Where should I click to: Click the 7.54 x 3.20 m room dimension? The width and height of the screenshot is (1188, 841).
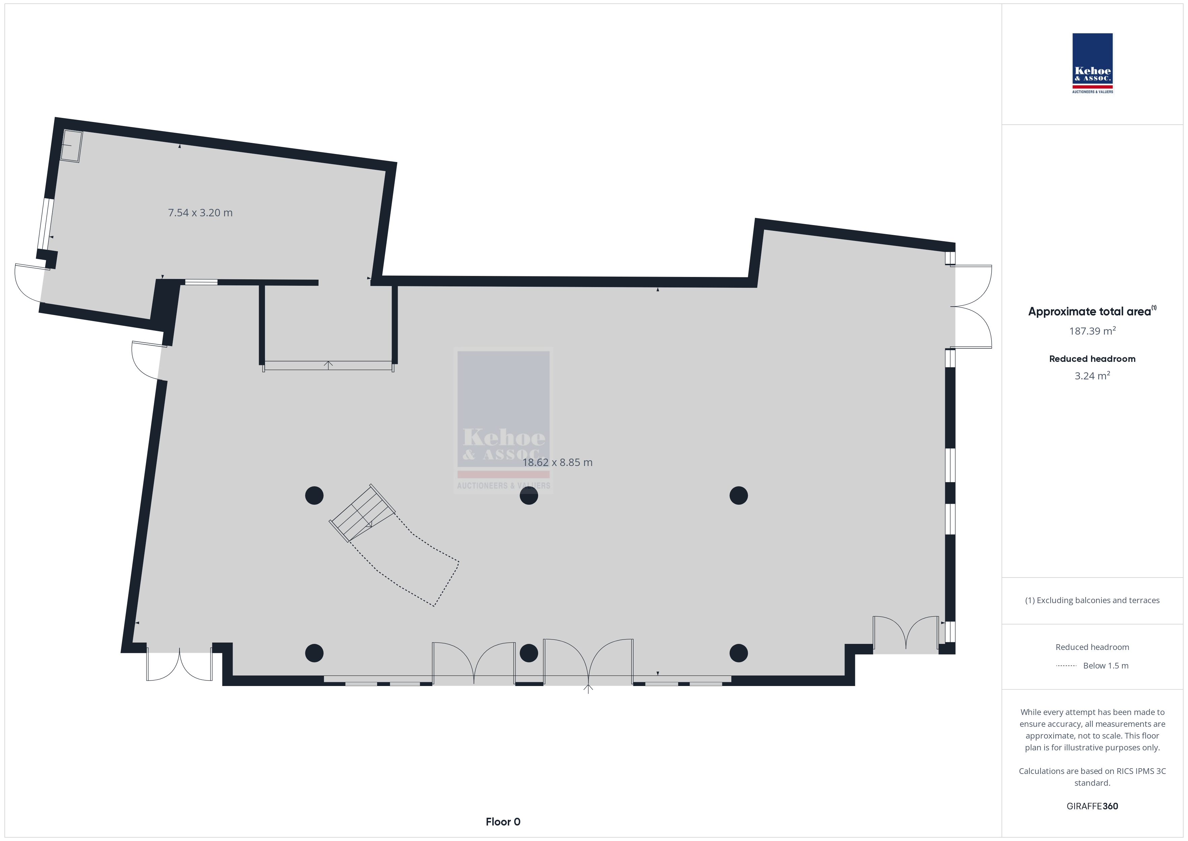click(200, 213)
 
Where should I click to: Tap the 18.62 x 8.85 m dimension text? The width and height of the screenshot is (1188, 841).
click(557, 462)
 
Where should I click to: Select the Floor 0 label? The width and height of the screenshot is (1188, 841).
click(503, 822)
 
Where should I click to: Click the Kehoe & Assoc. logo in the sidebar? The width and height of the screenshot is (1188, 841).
click(1092, 63)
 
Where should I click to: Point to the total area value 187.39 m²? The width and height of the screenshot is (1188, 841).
click(1092, 331)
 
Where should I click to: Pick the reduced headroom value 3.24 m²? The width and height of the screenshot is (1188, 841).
click(1092, 376)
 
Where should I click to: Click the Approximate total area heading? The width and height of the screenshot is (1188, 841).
click(1089, 312)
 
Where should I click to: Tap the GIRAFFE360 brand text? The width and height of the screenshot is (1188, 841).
click(1092, 806)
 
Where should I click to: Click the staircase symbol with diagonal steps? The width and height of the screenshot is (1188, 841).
click(363, 513)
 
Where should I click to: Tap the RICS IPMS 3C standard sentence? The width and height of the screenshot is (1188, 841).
click(1092, 777)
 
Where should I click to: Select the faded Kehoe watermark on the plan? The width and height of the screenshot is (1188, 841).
click(503, 420)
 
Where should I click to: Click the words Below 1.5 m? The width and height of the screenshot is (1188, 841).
click(1106, 666)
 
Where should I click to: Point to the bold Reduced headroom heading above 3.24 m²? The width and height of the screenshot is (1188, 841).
click(1092, 359)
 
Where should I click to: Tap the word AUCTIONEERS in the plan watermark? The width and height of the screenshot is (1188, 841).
click(482, 486)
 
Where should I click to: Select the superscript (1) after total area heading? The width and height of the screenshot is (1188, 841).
click(1154, 308)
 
